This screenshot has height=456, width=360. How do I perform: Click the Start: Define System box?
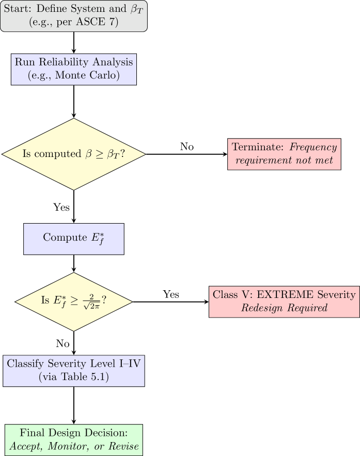pyautogui.click(x=73, y=16)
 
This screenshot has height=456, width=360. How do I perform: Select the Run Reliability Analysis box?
pyautogui.click(x=73, y=69)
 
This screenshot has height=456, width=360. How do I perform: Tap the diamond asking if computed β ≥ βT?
pyautogui.click(x=73, y=154)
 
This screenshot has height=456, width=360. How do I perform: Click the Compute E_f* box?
pyautogui.click(x=73, y=239)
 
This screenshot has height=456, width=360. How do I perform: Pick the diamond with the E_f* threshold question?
pyautogui.click(x=73, y=302)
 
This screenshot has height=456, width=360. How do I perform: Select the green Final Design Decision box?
pyautogui.click(x=73, y=440)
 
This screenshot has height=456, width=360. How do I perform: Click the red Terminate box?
pyautogui.click(x=284, y=154)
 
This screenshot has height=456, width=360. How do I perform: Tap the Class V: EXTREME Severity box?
pyautogui.click(x=284, y=301)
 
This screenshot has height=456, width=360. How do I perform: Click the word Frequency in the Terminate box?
pyautogui.click(x=313, y=147)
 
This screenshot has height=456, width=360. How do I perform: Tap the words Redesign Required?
pyautogui.click(x=284, y=308)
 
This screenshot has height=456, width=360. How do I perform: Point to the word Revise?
pyautogui.click(x=124, y=447)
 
